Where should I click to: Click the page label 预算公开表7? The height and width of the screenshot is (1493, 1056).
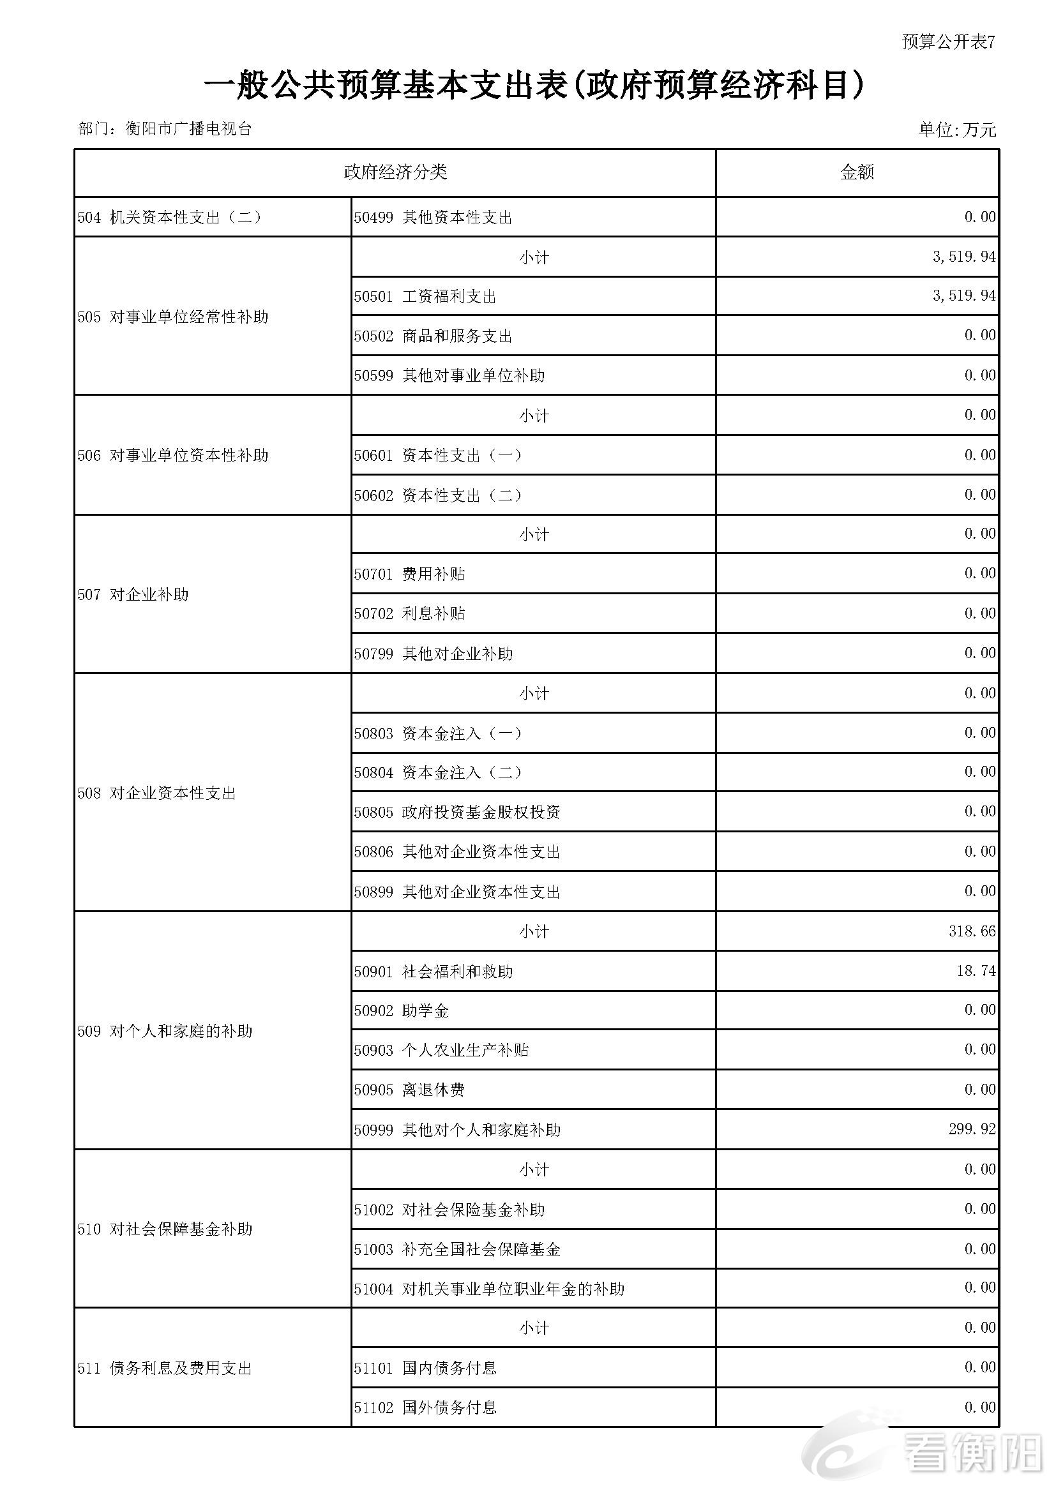coord(948,42)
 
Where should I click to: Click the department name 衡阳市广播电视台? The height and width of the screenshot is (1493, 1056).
coord(188,129)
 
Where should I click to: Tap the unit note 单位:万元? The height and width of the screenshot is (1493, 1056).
coord(956,130)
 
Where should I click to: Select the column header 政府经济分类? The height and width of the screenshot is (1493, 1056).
coord(395,172)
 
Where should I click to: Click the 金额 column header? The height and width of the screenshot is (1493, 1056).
coord(857,172)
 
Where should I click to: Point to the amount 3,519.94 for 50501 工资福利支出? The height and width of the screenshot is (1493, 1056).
coord(963,296)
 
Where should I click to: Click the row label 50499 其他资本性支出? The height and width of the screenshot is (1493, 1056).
coord(433,217)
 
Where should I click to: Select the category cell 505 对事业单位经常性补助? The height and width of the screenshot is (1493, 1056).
coord(173,317)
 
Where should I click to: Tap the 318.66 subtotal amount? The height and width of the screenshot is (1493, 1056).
coord(972,931)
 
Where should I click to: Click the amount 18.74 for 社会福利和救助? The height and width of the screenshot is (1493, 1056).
coord(976,971)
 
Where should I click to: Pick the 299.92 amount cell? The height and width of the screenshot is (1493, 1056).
coord(972,1129)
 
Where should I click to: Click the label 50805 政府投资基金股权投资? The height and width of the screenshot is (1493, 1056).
coord(457,812)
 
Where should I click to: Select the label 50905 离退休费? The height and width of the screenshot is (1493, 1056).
coord(410,1090)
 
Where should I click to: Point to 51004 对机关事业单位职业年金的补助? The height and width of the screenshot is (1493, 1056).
coord(489,1289)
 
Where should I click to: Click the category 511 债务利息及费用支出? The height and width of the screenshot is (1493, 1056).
coord(165,1368)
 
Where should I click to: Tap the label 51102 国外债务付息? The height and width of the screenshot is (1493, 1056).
coord(425,1408)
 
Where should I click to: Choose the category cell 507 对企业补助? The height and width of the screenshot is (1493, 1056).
coord(133,594)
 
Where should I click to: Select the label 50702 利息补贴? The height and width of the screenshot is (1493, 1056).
coord(410,614)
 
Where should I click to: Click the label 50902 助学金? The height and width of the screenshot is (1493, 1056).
coord(402,1010)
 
